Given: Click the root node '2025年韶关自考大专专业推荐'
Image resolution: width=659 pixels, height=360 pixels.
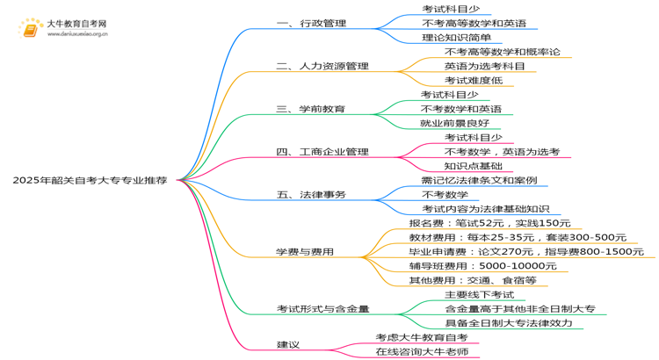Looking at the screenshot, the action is (x=90, y=180).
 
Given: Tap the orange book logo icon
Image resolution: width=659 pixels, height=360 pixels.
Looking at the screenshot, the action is (x=30, y=28).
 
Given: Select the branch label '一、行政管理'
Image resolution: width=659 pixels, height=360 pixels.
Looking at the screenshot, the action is (x=311, y=24).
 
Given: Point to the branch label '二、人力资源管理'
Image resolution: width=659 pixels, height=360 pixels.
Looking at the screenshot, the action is (x=322, y=67).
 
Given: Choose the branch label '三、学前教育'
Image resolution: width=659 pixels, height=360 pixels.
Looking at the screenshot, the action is (x=310, y=109).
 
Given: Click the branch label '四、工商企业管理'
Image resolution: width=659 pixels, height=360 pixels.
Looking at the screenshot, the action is (x=322, y=152).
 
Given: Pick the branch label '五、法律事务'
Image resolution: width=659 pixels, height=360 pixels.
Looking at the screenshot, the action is (x=311, y=195).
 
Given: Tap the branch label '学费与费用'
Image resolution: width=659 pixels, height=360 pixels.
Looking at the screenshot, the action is (x=305, y=252).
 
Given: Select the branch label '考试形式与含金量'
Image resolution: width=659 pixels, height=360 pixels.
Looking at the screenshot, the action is (x=322, y=309).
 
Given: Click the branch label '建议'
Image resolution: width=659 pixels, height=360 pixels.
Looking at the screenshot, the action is (x=288, y=345).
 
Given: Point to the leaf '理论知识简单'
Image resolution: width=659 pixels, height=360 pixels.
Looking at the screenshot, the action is (x=456, y=38).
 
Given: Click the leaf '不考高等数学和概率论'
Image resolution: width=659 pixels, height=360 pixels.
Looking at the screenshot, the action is (x=503, y=52).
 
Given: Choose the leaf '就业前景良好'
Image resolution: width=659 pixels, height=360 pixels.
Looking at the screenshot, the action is (x=455, y=124).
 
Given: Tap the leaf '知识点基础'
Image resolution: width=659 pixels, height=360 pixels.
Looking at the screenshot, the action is (x=474, y=166).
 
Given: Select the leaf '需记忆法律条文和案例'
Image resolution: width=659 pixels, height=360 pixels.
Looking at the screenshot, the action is (x=479, y=181).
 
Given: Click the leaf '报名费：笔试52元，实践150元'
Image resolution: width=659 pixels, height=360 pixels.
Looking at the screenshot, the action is (x=489, y=224).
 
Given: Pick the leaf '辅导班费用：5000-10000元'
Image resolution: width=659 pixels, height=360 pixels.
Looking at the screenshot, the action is (x=483, y=266).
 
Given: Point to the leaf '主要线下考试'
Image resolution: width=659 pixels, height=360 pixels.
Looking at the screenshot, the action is (x=480, y=295).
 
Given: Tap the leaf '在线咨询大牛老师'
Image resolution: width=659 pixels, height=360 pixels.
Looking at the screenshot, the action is (x=422, y=352).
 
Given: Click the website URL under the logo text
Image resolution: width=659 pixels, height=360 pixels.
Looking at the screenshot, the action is (x=77, y=34).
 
